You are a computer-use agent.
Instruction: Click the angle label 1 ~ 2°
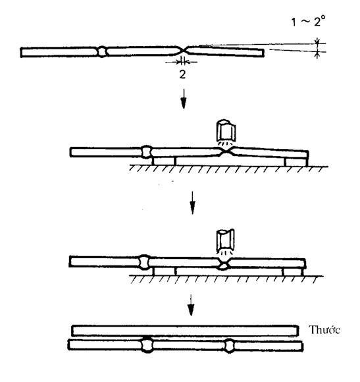pyautogui.click(x=308, y=21)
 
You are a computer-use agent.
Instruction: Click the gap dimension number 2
pyautogui.click(x=182, y=74)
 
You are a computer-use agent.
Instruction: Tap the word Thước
pyautogui.click(x=324, y=330)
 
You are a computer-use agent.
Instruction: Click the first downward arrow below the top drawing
pyautogui.click(x=184, y=99)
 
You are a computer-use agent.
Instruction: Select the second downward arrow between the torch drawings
pyautogui.click(x=193, y=203)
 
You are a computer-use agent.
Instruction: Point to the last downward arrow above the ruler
pyautogui.click(x=191, y=305)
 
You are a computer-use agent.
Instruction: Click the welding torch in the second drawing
pyautogui.click(x=226, y=131)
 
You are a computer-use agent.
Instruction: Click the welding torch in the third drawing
pyautogui.click(x=225, y=241)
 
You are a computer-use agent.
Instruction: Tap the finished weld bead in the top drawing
pyautogui.click(x=102, y=51)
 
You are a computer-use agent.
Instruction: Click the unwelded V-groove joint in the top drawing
pyautogui.click(x=182, y=51)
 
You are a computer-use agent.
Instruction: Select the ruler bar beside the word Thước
pyautogui.click(x=185, y=331)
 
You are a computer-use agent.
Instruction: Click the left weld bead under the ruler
pyautogui.click(x=147, y=344)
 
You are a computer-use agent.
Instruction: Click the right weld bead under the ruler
pyautogui.click(x=229, y=346)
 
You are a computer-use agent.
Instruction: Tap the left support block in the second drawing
pyautogui.click(x=164, y=161)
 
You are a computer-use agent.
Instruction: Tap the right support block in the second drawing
pyautogui.click(x=296, y=162)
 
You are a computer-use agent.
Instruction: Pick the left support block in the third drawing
pyautogui.click(x=164, y=271)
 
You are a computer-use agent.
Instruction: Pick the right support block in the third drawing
pyautogui.click(x=293, y=271)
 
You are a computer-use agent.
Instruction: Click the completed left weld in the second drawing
pyautogui.click(x=147, y=151)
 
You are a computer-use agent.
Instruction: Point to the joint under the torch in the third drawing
pyautogui.click(x=224, y=265)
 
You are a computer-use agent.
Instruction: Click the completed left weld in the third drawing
pyautogui.click(x=144, y=262)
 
